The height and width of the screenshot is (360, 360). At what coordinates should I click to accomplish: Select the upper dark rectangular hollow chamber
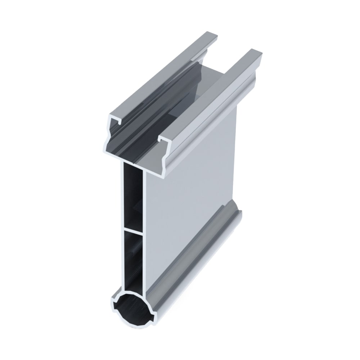tap(132, 196)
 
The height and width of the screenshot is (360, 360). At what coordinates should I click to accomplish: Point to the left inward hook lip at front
tap(114, 124)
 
